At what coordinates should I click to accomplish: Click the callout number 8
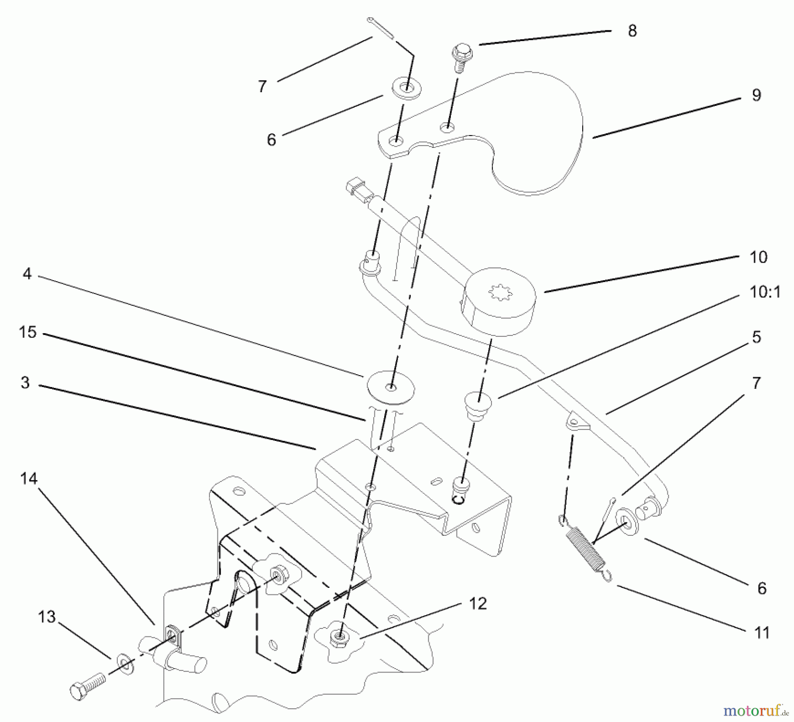[632, 31]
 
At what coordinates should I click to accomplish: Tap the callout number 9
[757, 95]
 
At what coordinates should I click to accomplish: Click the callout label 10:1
[765, 292]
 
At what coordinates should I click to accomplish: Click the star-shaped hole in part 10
[501, 293]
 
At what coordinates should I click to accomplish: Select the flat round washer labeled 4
[391, 387]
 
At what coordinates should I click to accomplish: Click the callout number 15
[27, 332]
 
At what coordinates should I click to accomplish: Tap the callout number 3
[25, 382]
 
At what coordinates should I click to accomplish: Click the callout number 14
[29, 478]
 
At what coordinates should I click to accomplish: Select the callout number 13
[47, 617]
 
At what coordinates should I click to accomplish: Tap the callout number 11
[762, 632]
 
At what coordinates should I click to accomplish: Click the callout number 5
[757, 337]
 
